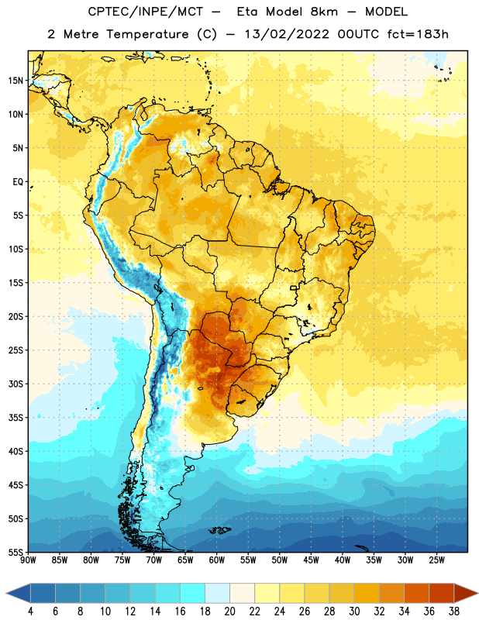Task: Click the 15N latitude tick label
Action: [x=16, y=81]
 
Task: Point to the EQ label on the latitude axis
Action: [x=18, y=182]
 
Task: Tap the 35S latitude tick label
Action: [x=16, y=418]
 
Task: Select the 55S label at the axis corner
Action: [x=16, y=552]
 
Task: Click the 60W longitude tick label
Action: [x=217, y=560]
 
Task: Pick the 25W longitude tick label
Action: [x=436, y=560]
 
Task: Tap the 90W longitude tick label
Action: [x=28, y=560]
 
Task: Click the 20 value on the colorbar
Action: [x=229, y=611]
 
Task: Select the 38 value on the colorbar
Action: [x=453, y=611]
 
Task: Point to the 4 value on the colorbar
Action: [x=30, y=611]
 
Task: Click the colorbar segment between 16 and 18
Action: [x=192, y=593]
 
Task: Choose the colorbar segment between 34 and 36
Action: [x=416, y=593]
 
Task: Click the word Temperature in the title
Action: [x=147, y=34]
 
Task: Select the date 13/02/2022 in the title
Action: [x=287, y=34]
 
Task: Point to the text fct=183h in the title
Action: [x=418, y=34]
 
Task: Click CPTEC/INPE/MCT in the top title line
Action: [x=146, y=12]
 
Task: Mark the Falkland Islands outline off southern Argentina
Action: [x=219, y=530]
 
